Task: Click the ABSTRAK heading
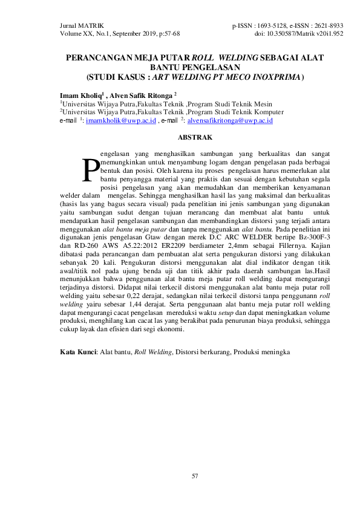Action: [x=180, y=138]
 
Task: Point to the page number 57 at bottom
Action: [x=195, y=478]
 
